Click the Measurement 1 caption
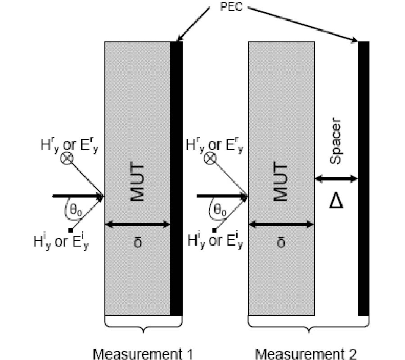coord(143,354)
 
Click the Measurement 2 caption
coord(306,354)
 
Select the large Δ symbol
coord(336,201)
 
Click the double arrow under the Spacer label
coord(336,179)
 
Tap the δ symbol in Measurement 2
coord(281,242)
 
